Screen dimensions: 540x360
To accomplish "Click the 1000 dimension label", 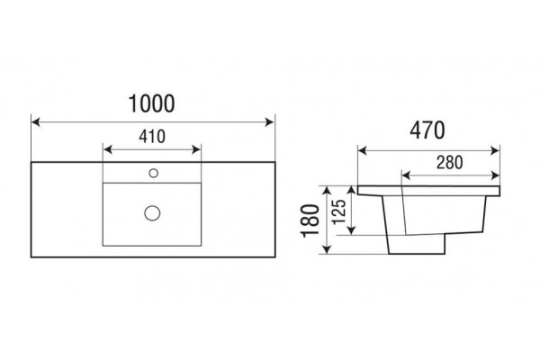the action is pyautogui.click(x=151, y=103).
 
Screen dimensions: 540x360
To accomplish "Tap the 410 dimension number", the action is pyautogui.click(x=152, y=137).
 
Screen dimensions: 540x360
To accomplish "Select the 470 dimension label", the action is pyautogui.click(x=427, y=130).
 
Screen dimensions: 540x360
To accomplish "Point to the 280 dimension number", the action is pyautogui.click(x=450, y=163).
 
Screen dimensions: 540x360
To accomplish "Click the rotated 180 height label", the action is pyautogui.click(x=310, y=220).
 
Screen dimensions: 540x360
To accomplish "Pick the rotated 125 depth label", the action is pyautogui.click(x=339, y=211).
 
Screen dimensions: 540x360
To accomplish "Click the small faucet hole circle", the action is pyautogui.click(x=154, y=173).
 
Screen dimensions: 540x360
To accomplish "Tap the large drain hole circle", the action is pyautogui.click(x=152, y=213).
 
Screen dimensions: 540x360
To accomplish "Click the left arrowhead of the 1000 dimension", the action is pyautogui.click(x=35, y=122).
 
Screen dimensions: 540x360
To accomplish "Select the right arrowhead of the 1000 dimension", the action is pyautogui.click(x=270, y=122).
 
